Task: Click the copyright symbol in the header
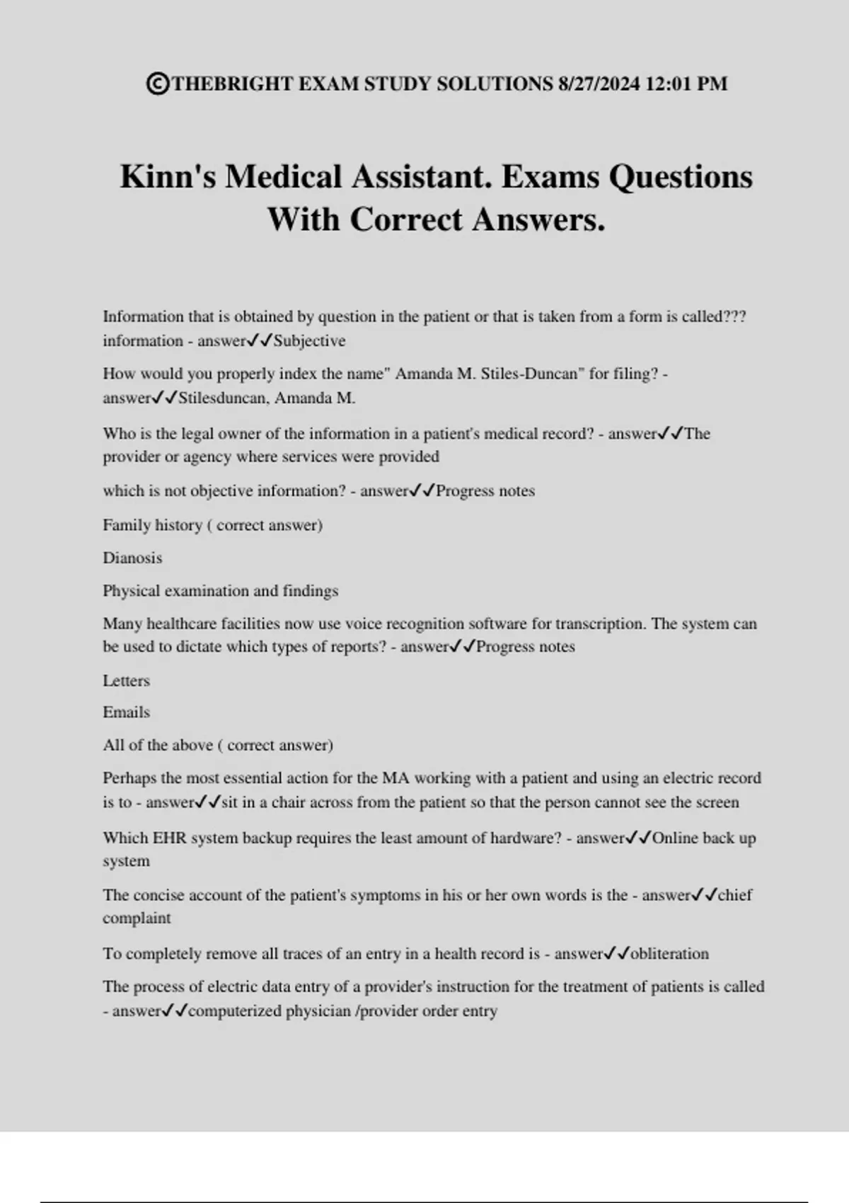[157, 84]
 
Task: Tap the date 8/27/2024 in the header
[599, 84]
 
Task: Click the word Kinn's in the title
[168, 176]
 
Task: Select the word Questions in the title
[681, 176]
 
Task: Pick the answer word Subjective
[310, 341]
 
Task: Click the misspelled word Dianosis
[132, 558]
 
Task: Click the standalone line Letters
[126, 681]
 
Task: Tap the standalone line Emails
[126, 713]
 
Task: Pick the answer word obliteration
[669, 954]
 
